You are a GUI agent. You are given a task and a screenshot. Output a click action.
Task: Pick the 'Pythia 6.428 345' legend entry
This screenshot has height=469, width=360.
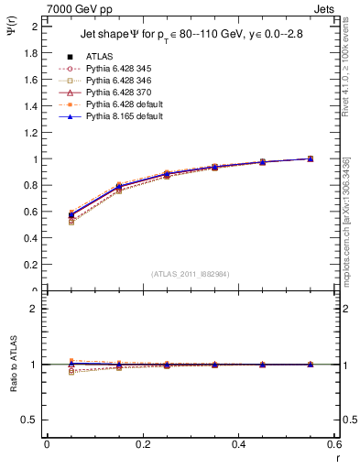point(116,70)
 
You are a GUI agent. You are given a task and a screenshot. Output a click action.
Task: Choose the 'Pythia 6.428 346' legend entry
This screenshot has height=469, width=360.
point(116,82)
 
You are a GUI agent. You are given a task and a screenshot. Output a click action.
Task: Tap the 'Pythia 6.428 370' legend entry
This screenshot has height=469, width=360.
point(116,93)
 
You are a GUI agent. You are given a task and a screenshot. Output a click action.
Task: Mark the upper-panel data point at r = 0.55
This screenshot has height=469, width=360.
point(311,158)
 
